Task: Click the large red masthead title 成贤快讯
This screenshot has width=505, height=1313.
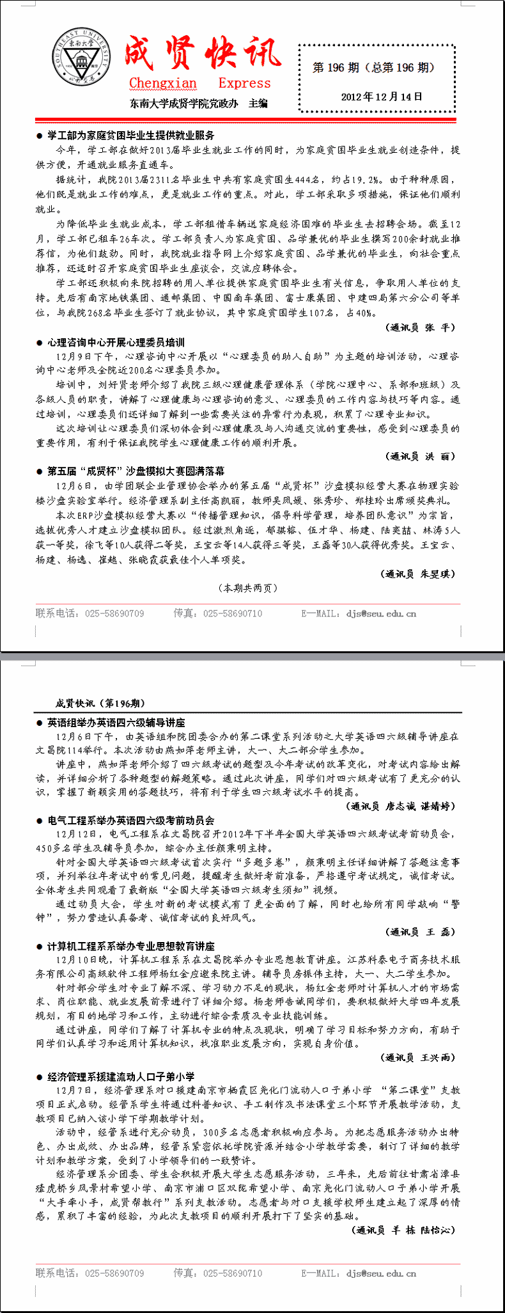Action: pyautogui.click(x=202, y=54)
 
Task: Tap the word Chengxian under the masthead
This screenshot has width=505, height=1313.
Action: pyautogui.click(x=163, y=83)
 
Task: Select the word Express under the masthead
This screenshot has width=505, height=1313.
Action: pyautogui.click(x=244, y=83)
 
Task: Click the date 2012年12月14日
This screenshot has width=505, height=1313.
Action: pyautogui.click(x=382, y=97)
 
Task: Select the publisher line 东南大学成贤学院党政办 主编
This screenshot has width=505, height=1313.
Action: pyautogui.click(x=198, y=104)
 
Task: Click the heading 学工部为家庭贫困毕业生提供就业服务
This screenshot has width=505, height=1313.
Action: pyautogui.click(x=130, y=136)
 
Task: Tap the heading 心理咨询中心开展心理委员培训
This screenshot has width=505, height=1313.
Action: pyautogui.click(x=116, y=342)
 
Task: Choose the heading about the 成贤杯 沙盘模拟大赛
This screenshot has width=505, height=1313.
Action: pyautogui.click(x=136, y=471)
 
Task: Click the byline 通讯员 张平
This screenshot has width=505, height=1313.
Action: pyautogui.click(x=421, y=327)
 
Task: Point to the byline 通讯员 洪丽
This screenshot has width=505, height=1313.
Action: pyautogui.click(x=421, y=456)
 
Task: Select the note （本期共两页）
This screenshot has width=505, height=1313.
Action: pyautogui.click(x=248, y=588)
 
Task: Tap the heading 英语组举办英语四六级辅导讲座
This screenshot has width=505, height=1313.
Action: pyautogui.click(x=116, y=723)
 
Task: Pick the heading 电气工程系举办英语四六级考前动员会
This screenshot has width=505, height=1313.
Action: pyautogui.click(x=130, y=821)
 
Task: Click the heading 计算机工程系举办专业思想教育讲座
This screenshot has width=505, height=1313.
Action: pyautogui.click(x=130, y=946)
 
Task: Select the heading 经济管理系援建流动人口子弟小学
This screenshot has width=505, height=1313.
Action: pyautogui.click(x=121, y=1077)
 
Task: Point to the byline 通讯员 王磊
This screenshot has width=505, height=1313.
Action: pyautogui.click(x=421, y=932)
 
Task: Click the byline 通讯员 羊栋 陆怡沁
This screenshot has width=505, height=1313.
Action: pyautogui.click(x=404, y=1230)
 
